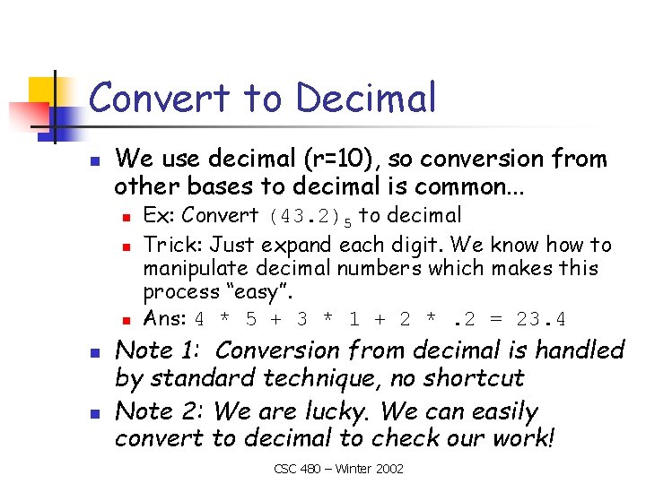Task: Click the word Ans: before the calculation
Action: point(165,318)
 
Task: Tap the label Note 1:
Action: point(162,350)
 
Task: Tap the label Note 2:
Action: point(162,412)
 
